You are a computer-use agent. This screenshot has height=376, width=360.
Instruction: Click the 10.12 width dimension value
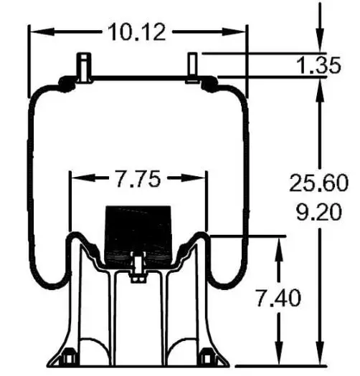(137, 32)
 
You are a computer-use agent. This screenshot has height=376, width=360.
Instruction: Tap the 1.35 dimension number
(318, 65)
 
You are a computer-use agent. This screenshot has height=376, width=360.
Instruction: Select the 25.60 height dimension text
(318, 183)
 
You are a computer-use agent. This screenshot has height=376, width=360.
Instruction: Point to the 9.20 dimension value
(318, 212)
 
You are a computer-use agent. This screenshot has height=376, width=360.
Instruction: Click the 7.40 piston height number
(278, 298)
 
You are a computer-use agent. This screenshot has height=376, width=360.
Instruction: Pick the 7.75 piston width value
(138, 178)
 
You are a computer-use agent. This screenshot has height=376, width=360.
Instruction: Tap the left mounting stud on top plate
(84, 67)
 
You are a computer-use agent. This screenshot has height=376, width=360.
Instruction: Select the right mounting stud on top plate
(192, 67)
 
